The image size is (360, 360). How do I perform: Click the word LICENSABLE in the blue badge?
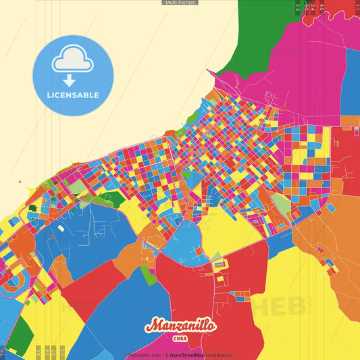click(73, 95)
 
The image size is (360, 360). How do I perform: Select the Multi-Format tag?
click(180, 3)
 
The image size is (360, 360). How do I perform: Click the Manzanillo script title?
click(180, 326)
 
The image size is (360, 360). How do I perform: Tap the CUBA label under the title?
click(180, 338)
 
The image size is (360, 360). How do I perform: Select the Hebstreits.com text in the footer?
click(145, 355)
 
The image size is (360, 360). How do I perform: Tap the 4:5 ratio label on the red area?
click(322, 7)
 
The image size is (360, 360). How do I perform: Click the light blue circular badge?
click(73, 75)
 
